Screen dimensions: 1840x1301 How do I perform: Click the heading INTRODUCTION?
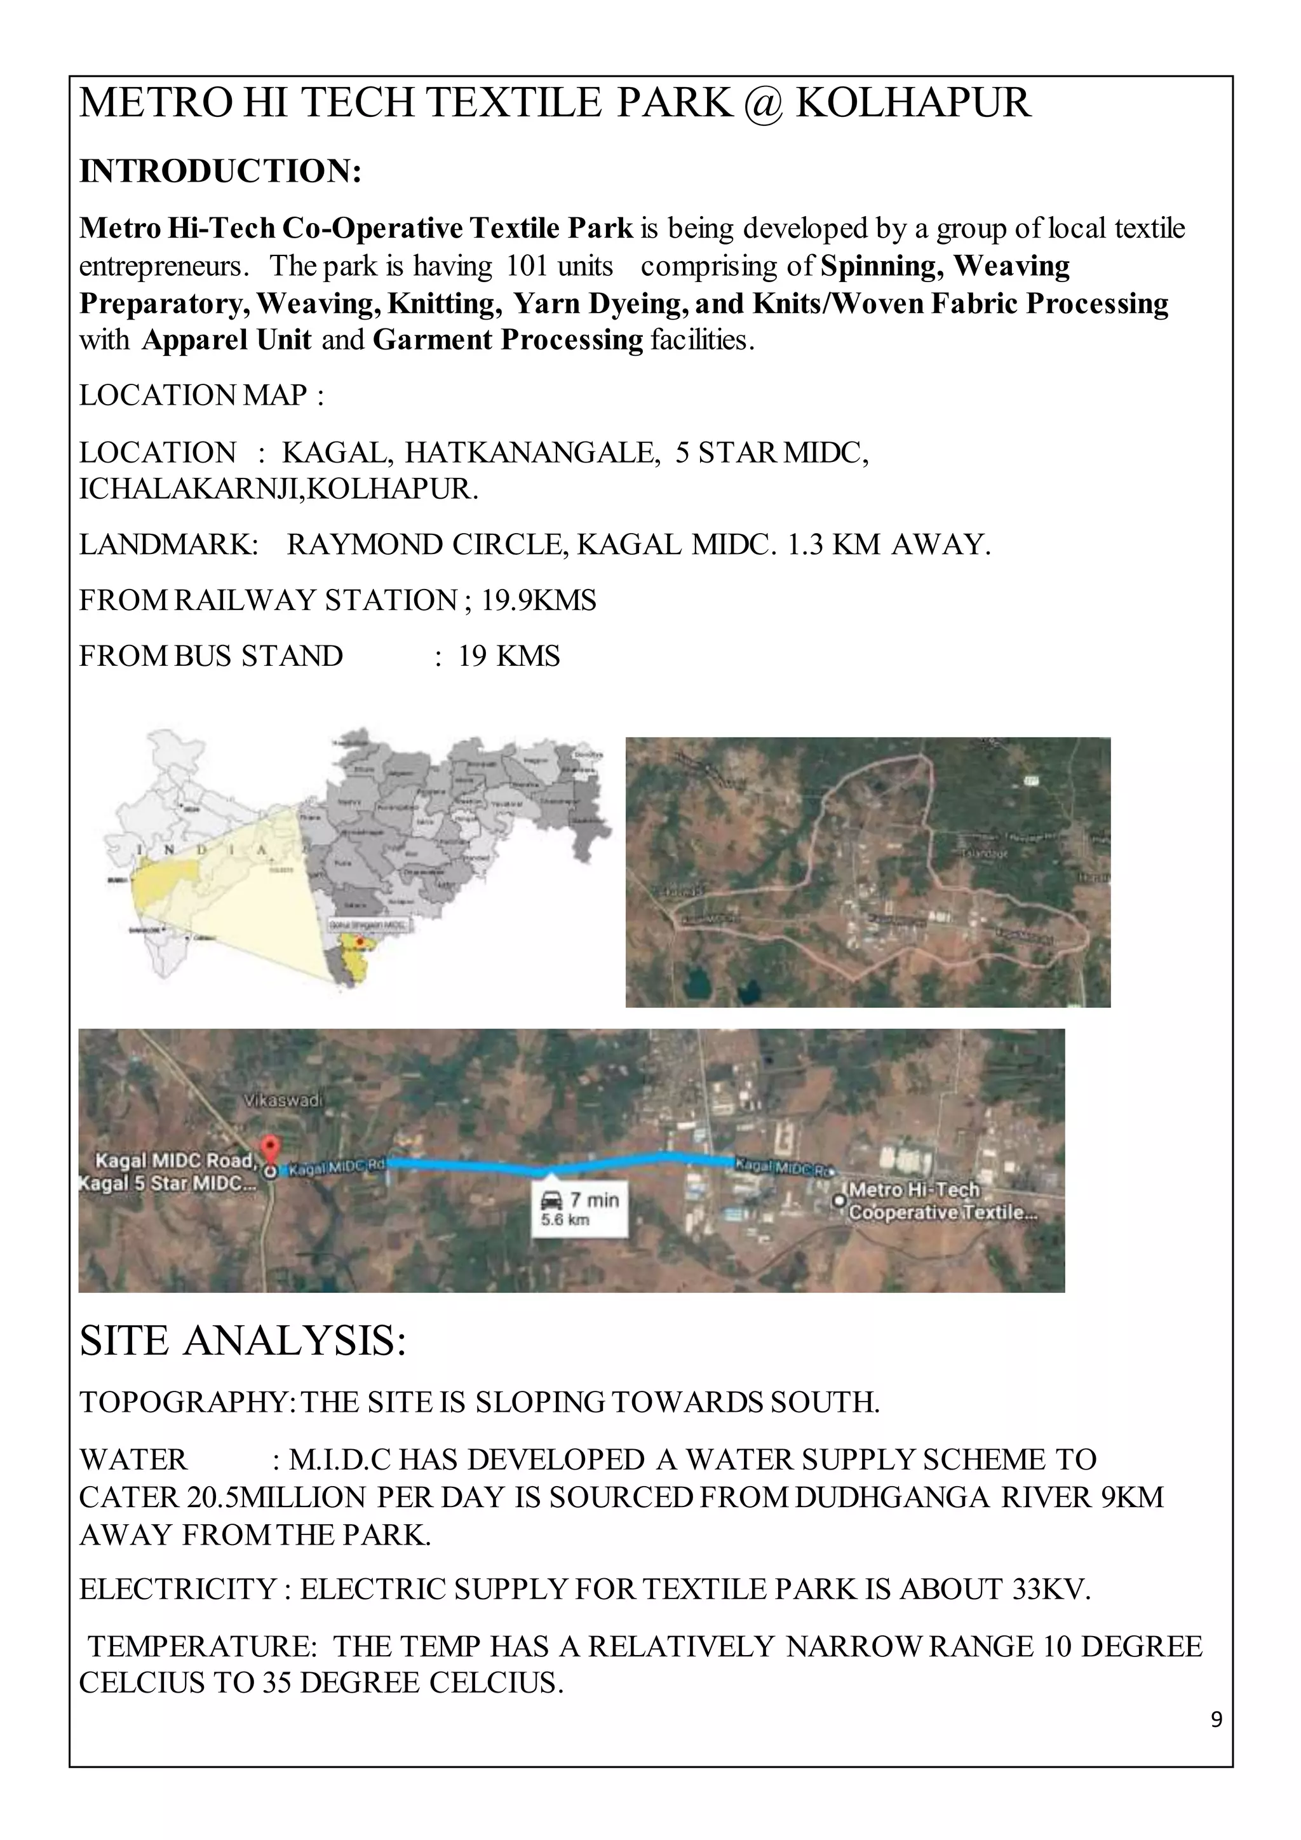(220, 172)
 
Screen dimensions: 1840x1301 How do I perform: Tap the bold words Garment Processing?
(508, 341)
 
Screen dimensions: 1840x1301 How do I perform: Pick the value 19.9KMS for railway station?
(538, 600)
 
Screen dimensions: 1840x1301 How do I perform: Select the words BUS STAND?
(259, 656)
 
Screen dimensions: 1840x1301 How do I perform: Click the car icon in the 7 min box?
(551, 1200)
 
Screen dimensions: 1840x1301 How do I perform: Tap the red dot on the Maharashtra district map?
(360, 941)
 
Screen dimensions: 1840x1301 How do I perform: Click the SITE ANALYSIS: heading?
(243, 1341)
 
